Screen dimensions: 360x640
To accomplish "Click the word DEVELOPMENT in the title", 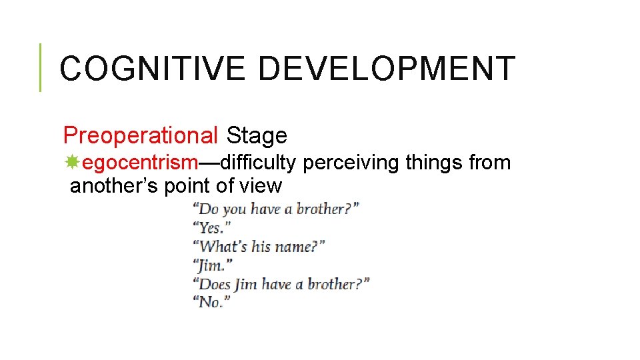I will click(x=387, y=68).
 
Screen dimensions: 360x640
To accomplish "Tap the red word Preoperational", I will click(x=140, y=135).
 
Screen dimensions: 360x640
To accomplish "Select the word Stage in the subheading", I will click(x=257, y=135).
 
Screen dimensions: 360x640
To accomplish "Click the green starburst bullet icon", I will click(x=73, y=161).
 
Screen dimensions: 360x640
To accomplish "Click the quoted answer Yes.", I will click(x=210, y=228).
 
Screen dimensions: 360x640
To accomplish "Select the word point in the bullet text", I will click(x=186, y=185).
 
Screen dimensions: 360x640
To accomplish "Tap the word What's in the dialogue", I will click(x=222, y=247).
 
